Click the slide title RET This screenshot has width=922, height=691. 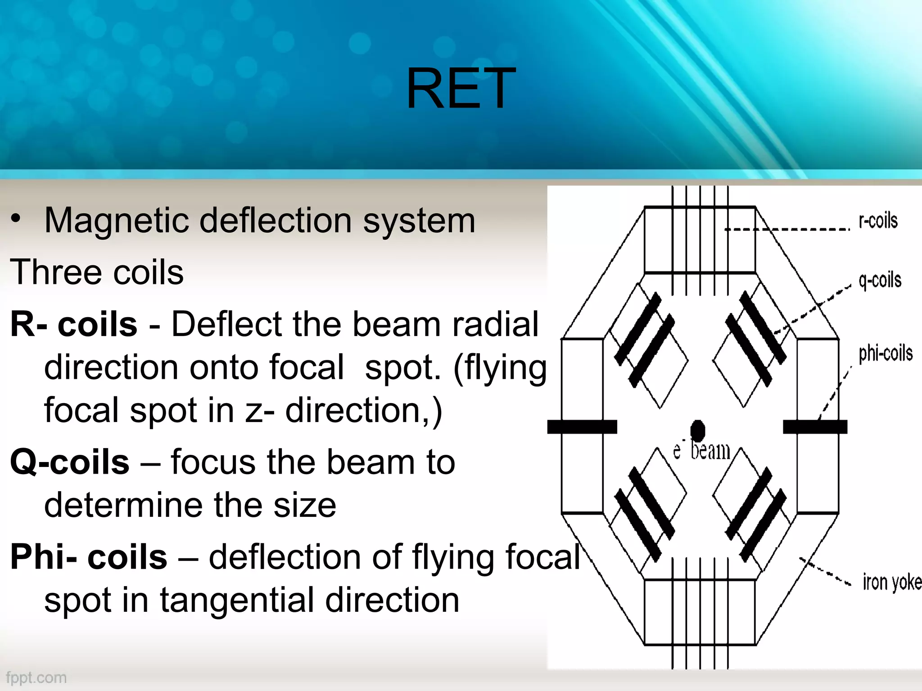tap(460, 89)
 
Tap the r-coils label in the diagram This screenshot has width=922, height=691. tap(878, 221)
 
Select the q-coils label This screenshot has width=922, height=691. tap(880, 280)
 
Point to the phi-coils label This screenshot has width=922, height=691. tap(885, 354)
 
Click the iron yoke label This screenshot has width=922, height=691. tap(891, 582)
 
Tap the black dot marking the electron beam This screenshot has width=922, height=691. tap(697, 430)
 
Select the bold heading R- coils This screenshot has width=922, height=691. tap(73, 324)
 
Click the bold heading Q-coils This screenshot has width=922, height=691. tap(70, 462)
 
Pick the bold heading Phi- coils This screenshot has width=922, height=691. tap(89, 557)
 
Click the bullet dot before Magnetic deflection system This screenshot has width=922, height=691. tap(16, 219)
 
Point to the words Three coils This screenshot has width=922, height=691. tap(97, 272)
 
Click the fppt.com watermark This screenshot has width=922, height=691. tap(36, 678)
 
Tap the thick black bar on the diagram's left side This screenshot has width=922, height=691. tap(582, 426)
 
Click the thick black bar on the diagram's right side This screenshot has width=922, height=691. tap(815, 426)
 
